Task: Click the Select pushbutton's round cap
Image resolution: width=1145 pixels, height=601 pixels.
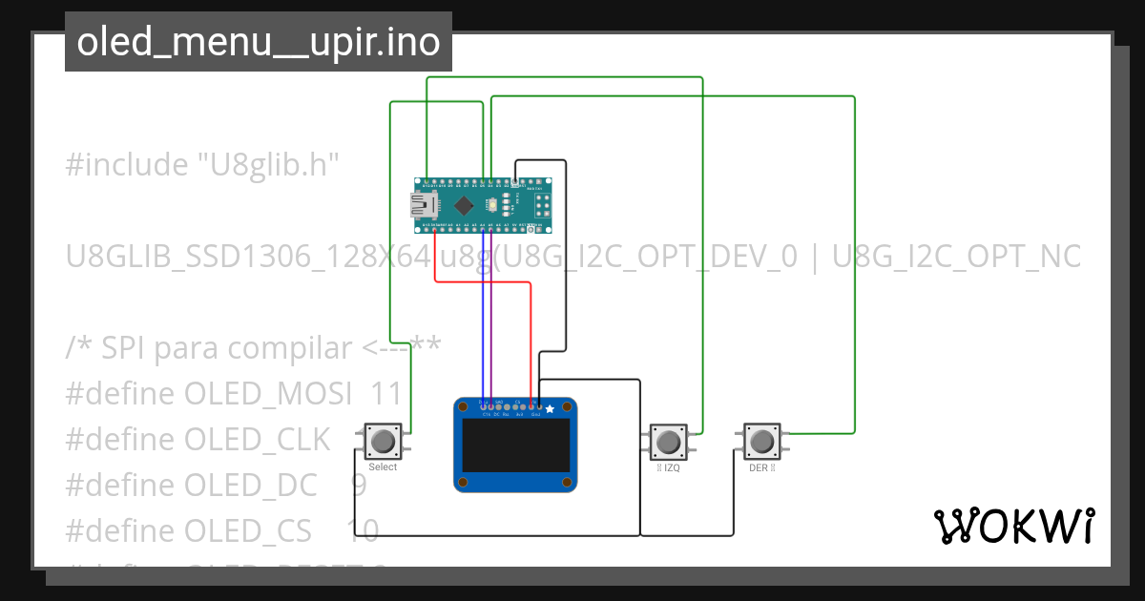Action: pos(383,441)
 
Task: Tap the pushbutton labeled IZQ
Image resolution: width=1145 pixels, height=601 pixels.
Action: pos(667,442)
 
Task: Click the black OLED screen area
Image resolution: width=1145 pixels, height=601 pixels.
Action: pos(514,446)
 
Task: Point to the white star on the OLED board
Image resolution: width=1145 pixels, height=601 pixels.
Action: pos(550,408)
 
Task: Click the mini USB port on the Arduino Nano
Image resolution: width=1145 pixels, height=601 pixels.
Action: pos(421,204)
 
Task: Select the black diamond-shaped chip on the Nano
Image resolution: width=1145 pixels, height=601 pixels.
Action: pos(464,205)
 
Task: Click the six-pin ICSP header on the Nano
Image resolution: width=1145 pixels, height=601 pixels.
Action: pos(542,205)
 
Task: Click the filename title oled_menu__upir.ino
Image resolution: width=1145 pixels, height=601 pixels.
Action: pos(258,42)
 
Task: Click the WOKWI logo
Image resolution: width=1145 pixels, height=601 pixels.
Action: pos(1013,526)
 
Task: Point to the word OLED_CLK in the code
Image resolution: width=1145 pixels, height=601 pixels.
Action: pos(257,439)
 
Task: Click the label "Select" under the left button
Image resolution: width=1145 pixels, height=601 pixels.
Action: pos(383,467)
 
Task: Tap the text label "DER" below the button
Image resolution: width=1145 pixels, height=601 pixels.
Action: pos(759,468)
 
